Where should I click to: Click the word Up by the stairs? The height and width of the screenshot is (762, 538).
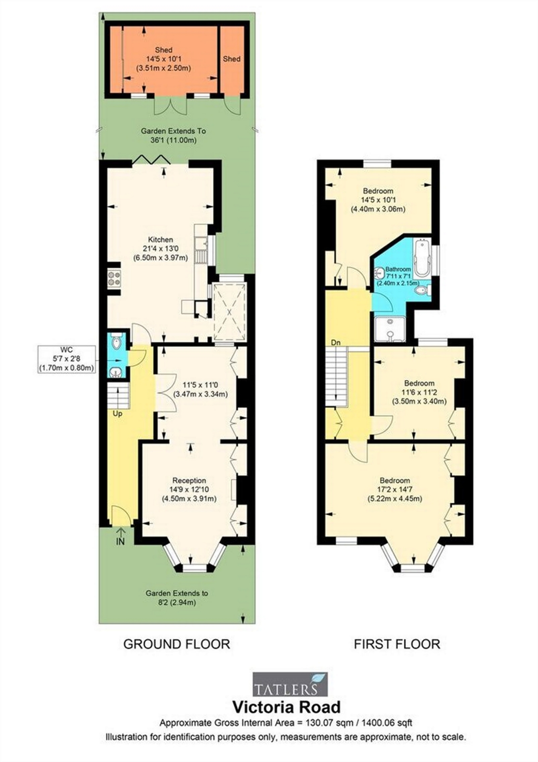coord(117,414)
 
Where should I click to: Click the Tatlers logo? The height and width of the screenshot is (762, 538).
coord(291,684)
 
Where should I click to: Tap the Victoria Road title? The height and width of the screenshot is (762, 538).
coord(287,707)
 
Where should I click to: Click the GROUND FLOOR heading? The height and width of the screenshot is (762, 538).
coord(177,644)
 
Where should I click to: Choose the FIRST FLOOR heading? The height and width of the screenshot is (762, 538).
coord(397,644)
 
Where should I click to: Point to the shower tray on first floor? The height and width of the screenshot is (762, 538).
coord(390,330)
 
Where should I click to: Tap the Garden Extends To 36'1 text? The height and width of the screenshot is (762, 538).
coord(173,136)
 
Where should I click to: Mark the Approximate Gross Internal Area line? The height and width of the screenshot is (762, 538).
coord(286,723)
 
